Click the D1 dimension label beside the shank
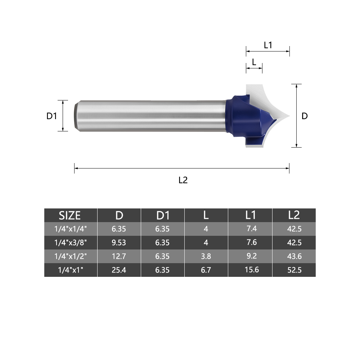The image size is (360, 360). pos(51,116)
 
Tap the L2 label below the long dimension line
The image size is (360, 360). pos(183,180)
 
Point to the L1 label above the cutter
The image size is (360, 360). pos(268,45)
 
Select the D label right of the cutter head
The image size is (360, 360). pos(305,116)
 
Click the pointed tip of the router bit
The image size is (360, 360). pos(289,116)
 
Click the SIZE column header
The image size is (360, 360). pos(70,216)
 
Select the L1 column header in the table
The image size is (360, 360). pos(250,215)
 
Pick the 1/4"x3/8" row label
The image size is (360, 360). pos(71,242)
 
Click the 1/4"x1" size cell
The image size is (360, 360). pos(71,270)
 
